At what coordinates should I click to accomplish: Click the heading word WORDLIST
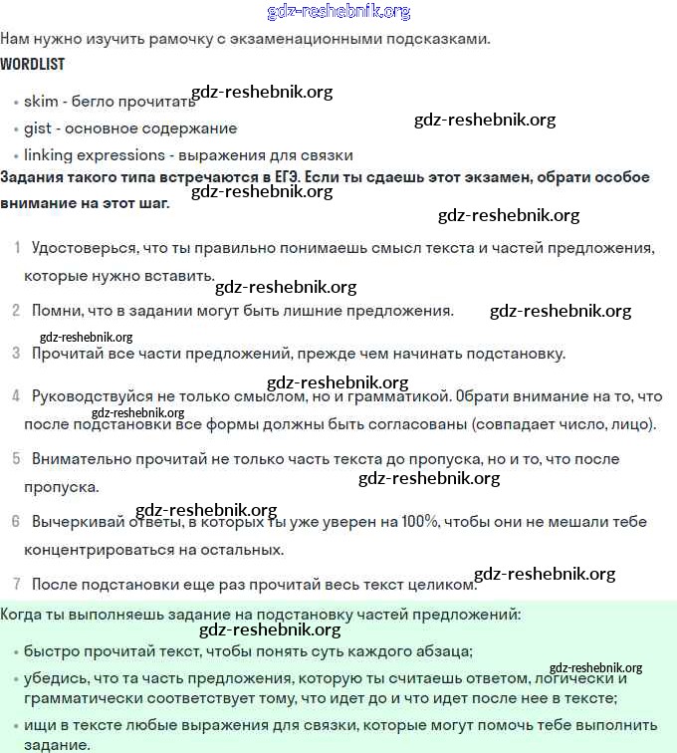point(32,64)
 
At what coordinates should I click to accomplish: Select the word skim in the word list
point(41,102)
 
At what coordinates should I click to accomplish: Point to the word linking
point(51,155)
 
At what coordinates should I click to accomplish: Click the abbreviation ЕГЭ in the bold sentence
point(277,177)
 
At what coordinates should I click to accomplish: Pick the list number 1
point(17,247)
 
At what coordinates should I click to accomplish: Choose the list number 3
point(16,353)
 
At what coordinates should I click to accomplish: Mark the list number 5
point(16,459)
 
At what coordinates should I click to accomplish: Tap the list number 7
point(16,584)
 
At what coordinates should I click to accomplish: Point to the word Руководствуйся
point(92,395)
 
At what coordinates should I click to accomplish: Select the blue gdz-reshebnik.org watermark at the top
point(338,12)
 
